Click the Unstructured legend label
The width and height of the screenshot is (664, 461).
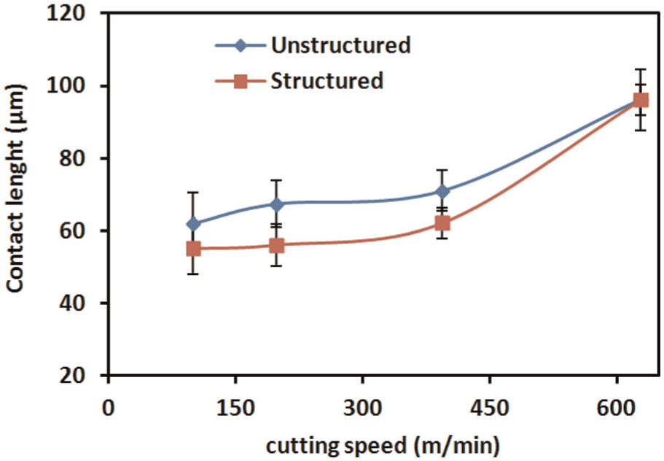341,45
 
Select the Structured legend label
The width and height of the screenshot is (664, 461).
327,80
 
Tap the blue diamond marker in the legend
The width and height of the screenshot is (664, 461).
241,45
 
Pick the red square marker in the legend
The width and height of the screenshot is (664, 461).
241,81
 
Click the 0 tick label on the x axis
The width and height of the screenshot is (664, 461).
109,408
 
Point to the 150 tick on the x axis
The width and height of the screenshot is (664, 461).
236,408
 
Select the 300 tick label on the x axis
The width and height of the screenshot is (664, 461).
363,408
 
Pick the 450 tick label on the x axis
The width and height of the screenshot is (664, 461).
490,408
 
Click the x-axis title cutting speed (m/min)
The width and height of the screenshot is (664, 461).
383,446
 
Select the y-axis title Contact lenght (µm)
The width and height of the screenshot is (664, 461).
16,188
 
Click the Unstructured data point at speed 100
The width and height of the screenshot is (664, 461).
194,224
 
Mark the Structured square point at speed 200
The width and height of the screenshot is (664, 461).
276,245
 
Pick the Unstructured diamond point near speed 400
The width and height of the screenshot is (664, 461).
442,192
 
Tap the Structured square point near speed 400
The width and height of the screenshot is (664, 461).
442,223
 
